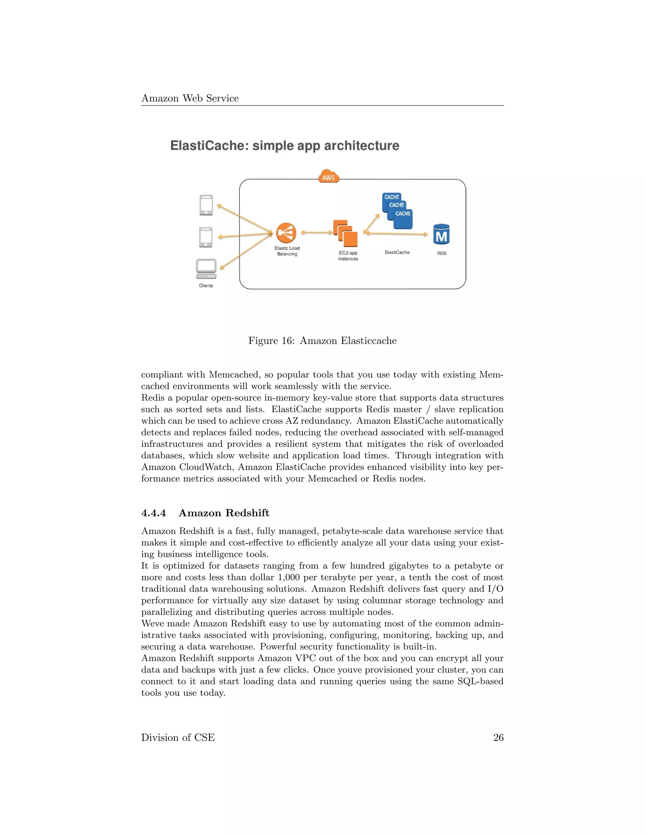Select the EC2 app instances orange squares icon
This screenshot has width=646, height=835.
[345, 233]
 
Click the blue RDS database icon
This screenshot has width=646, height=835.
[441, 234]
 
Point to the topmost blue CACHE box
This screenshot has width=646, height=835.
[391, 197]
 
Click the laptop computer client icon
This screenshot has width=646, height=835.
[206, 269]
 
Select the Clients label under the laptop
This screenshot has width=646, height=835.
[206, 285]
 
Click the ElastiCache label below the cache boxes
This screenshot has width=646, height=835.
[397, 252]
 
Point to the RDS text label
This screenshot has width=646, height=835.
[442, 253]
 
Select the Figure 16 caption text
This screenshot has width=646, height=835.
[322, 341]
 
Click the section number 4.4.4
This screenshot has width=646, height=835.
[154, 513]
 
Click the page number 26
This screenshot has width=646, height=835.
[498, 738]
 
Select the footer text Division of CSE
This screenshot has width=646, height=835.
[178, 738]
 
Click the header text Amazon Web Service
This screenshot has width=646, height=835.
[190, 98]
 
